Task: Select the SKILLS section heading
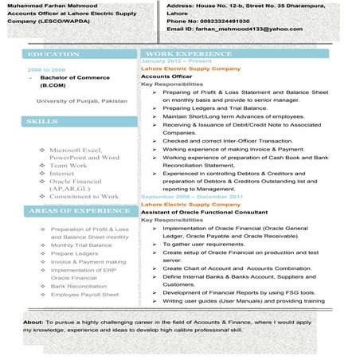pos(42,121)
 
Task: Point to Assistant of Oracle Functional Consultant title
pos(204,212)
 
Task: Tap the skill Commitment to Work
pos(84,196)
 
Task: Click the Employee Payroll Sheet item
pos(84,294)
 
